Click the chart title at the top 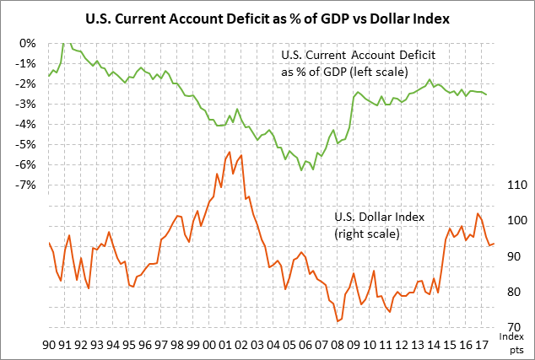coord(267,17)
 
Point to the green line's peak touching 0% coord(64,42)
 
